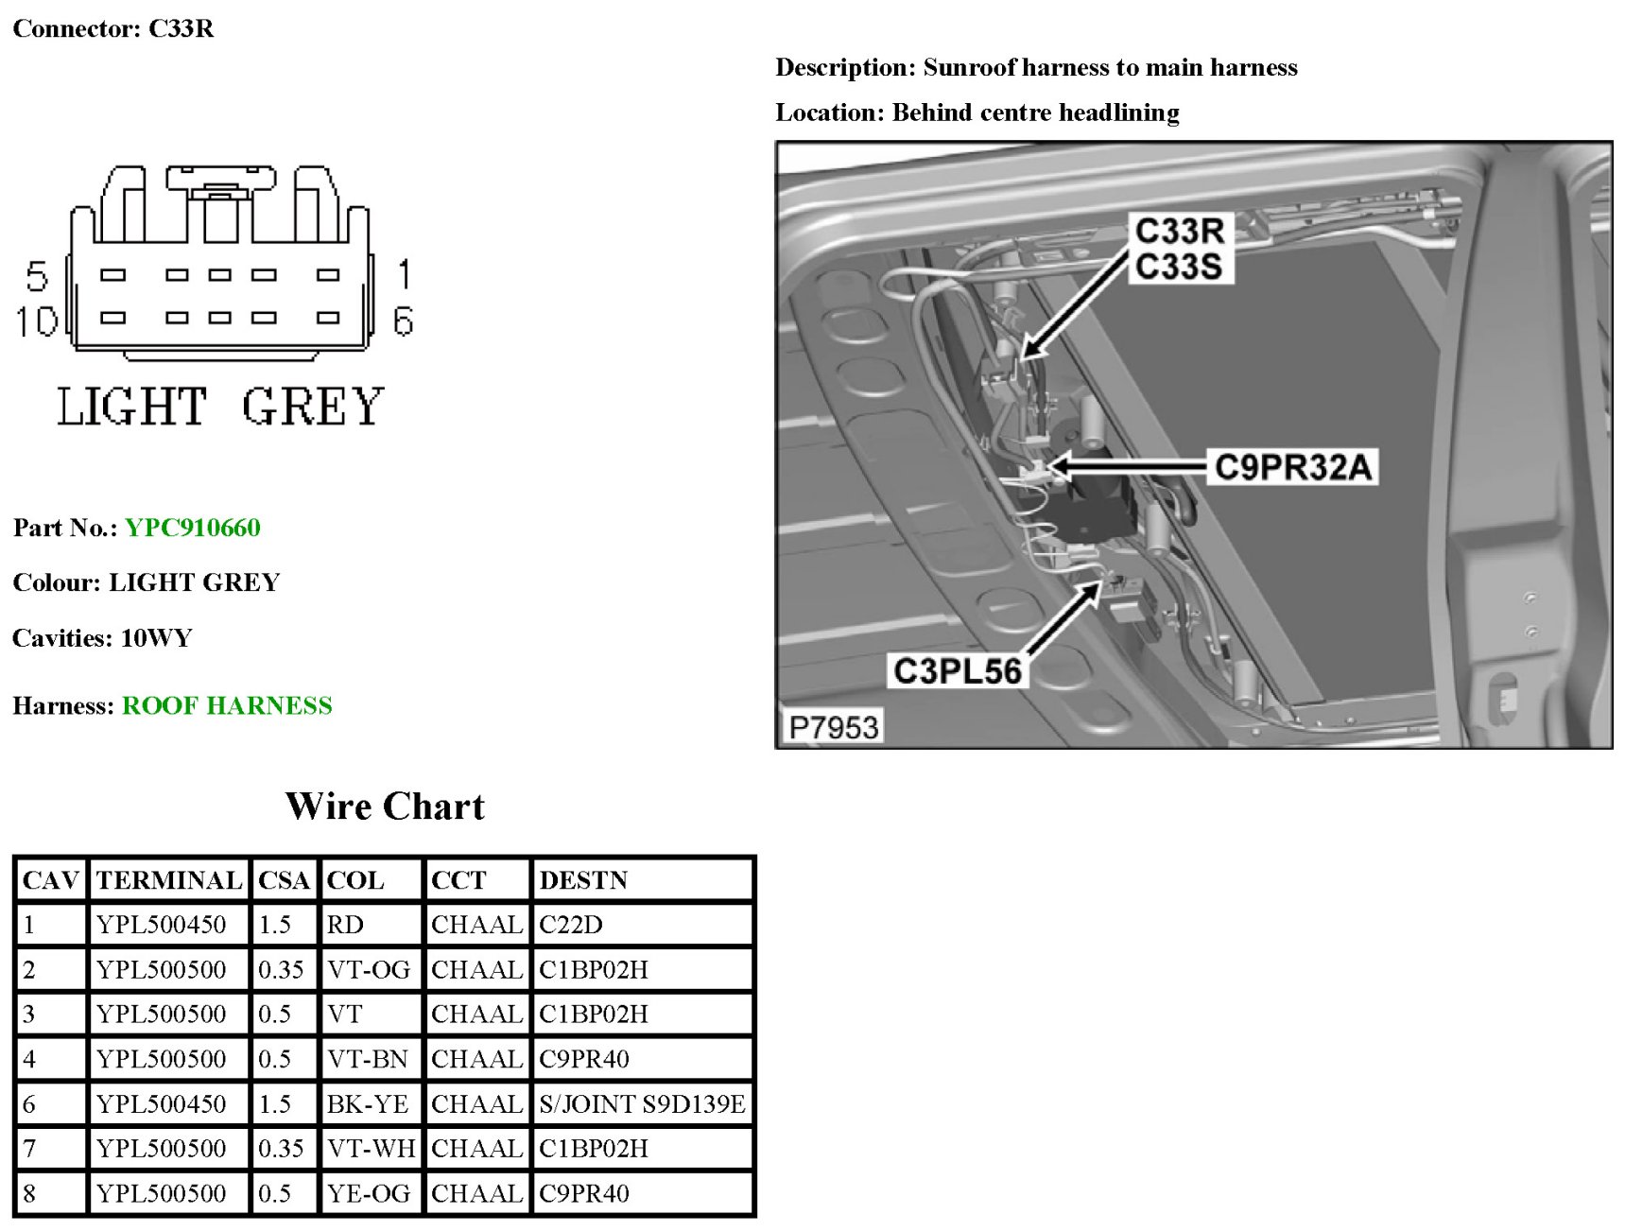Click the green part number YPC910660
pyautogui.click(x=192, y=528)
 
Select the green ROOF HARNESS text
pyautogui.click(x=227, y=705)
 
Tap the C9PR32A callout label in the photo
pyautogui.click(x=1291, y=467)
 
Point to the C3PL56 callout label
pyautogui.click(x=957, y=670)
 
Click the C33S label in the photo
pyautogui.click(x=1178, y=267)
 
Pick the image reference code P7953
pyautogui.click(x=833, y=727)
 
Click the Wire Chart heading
pyautogui.click(x=385, y=807)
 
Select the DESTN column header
pyautogui.click(x=583, y=880)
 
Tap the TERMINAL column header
pyautogui.click(x=169, y=880)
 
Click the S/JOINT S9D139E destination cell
pyautogui.click(x=642, y=1103)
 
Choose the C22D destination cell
pyautogui.click(x=571, y=925)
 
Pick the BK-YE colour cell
pyautogui.click(x=368, y=1103)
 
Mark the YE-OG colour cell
pyautogui.click(x=369, y=1193)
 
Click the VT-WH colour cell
pyautogui.click(x=371, y=1148)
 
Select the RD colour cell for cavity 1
pyautogui.click(x=345, y=925)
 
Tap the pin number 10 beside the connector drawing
pyautogui.click(x=36, y=321)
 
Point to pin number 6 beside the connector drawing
pyautogui.click(x=404, y=321)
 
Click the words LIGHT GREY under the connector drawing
pyautogui.click(x=219, y=407)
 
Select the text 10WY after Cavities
pyautogui.click(x=156, y=638)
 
